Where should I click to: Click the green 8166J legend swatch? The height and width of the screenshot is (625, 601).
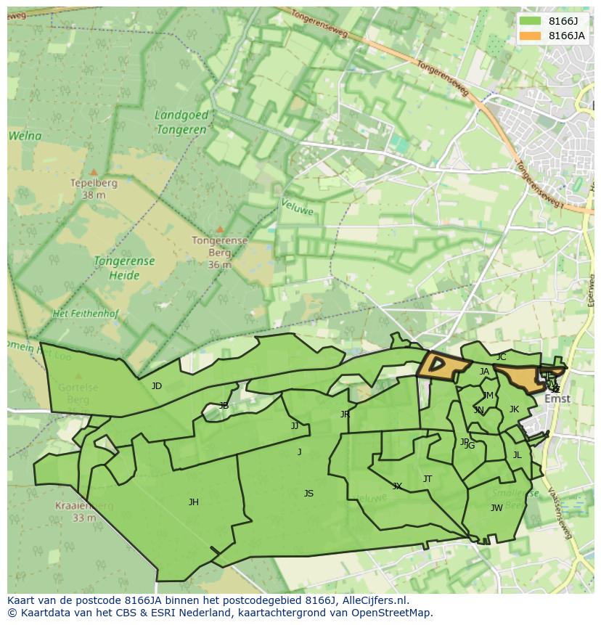531,21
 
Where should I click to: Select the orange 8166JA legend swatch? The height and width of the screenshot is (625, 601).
531,36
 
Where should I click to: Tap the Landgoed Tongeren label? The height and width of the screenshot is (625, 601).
181,122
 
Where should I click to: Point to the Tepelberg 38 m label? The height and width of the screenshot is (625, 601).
94,189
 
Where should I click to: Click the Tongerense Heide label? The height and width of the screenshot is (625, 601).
124,268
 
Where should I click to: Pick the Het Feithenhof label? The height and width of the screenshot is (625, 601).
86,314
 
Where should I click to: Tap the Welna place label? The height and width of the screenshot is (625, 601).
25,136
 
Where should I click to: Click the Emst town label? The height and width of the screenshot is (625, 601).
557,399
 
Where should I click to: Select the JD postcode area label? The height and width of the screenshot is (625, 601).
157,386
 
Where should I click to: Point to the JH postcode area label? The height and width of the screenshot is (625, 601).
194,502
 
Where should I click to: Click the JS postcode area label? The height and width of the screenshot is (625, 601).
308,494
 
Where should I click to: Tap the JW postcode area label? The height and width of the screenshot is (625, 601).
496,508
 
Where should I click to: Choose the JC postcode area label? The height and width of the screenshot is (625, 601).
501,357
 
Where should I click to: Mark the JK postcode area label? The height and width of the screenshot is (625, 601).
514,409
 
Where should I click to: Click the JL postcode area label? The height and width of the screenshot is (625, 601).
518,455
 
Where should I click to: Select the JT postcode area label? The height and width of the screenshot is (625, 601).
428,479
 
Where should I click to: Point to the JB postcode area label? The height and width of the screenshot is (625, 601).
224,406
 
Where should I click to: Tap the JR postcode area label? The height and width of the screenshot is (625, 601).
345,414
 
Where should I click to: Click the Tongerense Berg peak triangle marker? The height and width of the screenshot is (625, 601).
220,229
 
